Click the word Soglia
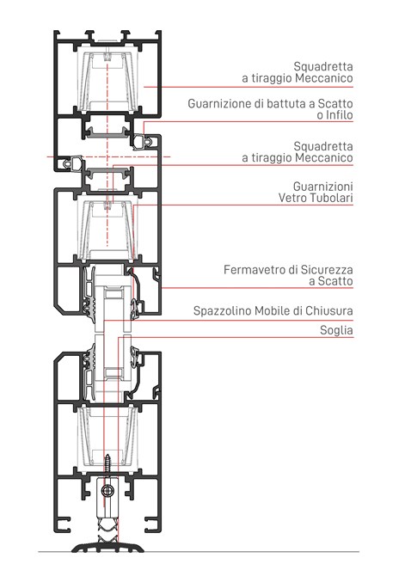(x=336, y=330)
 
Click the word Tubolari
(x=333, y=198)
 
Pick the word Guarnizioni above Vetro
(x=322, y=187)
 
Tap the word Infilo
(x=340, y=115)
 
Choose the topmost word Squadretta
(x=323, y=66)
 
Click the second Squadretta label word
(x=323, y=146)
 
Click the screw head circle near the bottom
(x=107, y=490)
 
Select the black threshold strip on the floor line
(x=108, y=547)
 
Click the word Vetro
(x=293, y=198)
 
